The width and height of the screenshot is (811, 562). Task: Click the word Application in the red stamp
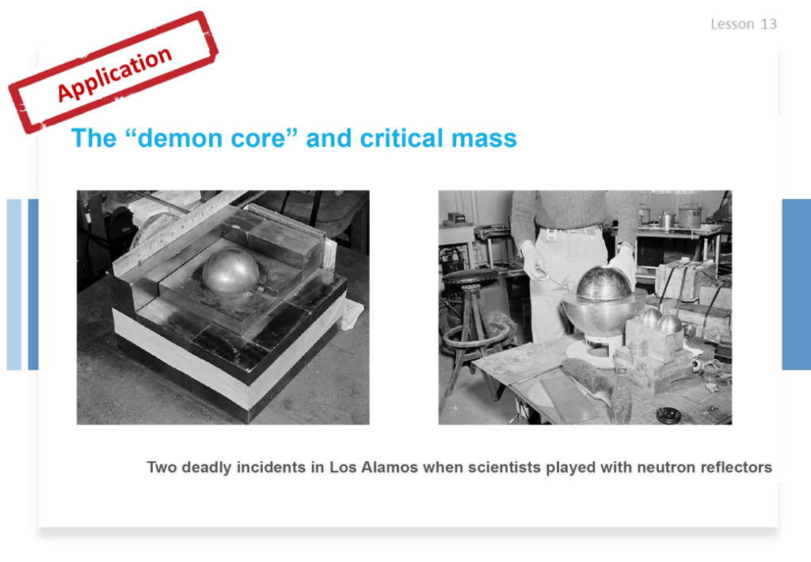pos(114,74)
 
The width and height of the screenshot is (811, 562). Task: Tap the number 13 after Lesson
pos(768,24)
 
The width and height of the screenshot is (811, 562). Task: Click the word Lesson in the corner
pos(733,24)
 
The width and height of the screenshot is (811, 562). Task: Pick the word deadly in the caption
pos(206,468)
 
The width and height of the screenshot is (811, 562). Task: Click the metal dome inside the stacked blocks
pos(231,270)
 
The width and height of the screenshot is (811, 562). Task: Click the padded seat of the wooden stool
pos(470,277)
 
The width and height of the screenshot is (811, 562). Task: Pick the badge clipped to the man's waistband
pos(551,235)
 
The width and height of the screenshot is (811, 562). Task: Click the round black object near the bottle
pos(668,415)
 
